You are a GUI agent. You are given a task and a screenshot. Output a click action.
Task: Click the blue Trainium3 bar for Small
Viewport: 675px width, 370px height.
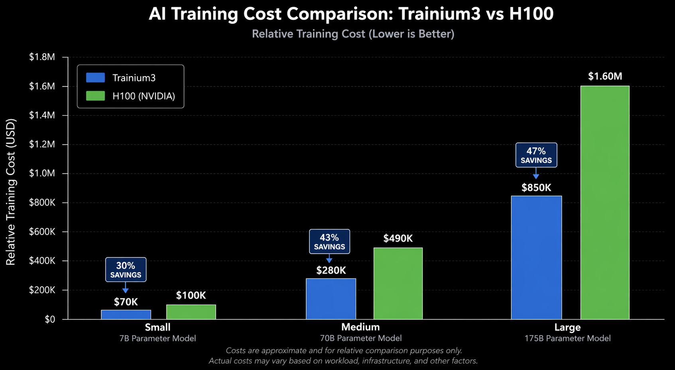[126, 314]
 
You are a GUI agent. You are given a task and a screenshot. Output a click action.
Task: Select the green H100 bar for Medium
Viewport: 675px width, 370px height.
[398, 283]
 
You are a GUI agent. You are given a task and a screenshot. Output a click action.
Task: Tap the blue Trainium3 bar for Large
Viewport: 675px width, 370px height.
[536, 257]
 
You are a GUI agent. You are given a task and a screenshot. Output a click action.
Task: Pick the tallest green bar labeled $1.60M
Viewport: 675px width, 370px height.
[605, 202]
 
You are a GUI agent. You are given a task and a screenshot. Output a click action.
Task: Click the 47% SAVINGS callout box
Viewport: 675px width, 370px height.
[536, 155]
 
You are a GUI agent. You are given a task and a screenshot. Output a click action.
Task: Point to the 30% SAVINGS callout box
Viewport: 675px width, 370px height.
[126, 270]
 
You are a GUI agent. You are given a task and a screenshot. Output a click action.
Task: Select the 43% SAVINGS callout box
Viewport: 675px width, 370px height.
[329, 241]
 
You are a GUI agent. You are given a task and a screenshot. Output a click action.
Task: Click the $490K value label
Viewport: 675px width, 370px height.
[398, 239]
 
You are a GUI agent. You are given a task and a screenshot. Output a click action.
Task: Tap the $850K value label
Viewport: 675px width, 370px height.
[536, 188]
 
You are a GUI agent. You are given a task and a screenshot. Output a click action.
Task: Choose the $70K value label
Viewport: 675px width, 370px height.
[126, 302]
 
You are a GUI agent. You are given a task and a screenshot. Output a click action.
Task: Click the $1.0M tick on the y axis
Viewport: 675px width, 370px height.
[42, 173]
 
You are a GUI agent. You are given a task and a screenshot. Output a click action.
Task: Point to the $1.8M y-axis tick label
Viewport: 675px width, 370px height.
[42, 57]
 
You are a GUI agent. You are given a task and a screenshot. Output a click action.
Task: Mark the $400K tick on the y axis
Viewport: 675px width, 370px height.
[42, 261]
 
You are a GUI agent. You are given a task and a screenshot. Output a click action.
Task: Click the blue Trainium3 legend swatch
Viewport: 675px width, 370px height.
[96, 78]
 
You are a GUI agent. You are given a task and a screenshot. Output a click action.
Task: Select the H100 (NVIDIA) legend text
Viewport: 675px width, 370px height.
[144, 96]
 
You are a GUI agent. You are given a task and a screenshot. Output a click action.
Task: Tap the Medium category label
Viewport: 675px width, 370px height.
[360, 327]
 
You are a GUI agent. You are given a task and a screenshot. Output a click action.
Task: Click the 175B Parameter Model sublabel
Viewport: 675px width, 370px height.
[567, 339]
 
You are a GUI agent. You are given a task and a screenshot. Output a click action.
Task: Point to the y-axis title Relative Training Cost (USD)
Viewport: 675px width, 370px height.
[11, 192]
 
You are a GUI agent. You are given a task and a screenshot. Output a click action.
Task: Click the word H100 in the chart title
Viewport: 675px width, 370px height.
[531, 14]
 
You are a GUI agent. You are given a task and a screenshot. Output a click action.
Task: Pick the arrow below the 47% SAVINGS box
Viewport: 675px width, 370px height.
[536, 174]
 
